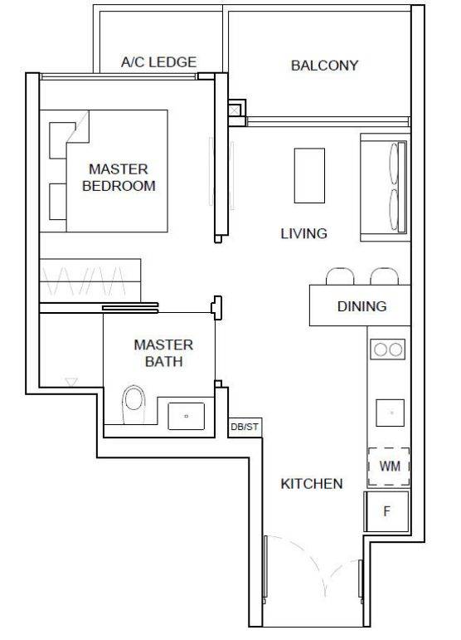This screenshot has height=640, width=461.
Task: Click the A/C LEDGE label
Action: pos(158,62)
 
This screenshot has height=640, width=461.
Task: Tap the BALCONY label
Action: pos(324,66)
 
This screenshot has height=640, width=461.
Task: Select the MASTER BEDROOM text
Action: pos(119,177)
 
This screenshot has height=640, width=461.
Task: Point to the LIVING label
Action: pos(303,233)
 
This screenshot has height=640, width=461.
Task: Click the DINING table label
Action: pos(362,306)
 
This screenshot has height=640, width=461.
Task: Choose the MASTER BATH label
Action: pos(163,353)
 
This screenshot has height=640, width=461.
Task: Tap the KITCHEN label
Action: pos(312,484)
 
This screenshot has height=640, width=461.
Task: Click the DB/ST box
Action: pos(245,427)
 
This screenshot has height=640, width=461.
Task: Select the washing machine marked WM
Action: pos(389,467)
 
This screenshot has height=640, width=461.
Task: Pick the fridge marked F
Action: pos(387,511)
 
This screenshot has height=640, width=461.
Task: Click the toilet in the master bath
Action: pos(134,404)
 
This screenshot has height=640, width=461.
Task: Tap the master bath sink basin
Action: pos(187,416)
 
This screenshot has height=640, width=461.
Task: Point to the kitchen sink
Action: pos(390,413)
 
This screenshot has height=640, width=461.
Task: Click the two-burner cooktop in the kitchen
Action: pos(388,349)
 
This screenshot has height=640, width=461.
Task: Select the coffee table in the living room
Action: pos(309,175)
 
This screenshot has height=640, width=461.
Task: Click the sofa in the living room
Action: pos(385,187)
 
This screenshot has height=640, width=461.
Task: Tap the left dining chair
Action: pos(340,276)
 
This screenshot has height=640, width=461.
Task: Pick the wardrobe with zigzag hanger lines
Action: pos(90,281)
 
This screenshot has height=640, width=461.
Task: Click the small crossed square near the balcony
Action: pos(235,110)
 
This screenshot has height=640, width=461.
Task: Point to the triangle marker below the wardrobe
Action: pos(71,382)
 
